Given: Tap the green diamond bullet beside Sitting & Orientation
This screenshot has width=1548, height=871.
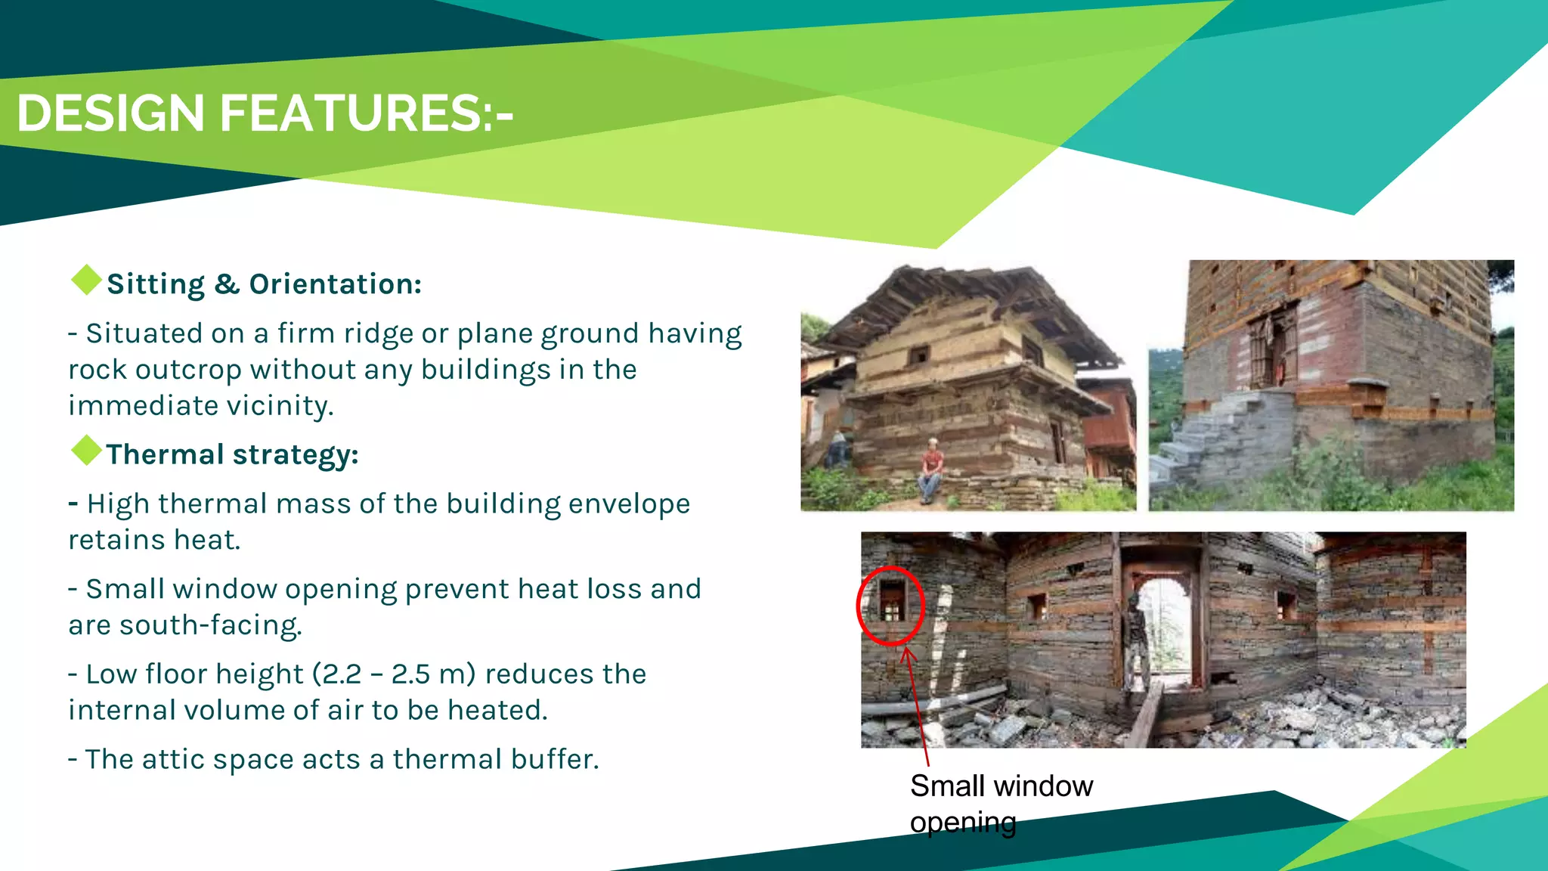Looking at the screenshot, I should [x=86, y=280].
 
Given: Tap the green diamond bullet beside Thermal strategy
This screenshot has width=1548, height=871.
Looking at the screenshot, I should [x=86, y=451].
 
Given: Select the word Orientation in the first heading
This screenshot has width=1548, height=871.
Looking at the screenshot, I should [x=335, y=284].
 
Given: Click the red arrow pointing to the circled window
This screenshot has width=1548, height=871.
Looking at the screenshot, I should [x=916, y=703].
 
